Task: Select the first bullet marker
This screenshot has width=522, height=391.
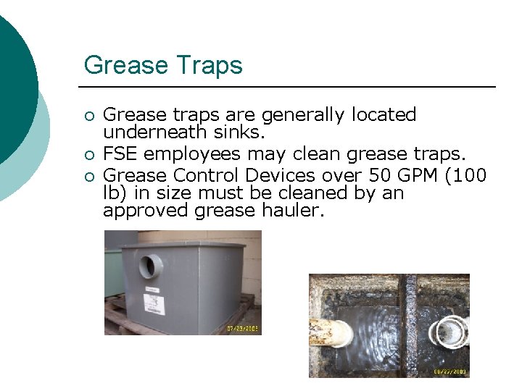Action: click(x=89, y=116)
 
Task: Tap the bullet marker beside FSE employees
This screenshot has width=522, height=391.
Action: click(x=89, y=155)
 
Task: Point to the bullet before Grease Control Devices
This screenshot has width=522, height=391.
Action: click(x=89, y=175)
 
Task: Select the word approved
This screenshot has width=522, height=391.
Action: click(x=146, y=211)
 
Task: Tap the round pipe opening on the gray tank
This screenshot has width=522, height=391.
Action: click(x=151, y=266)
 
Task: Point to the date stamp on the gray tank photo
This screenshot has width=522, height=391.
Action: click(x=243, y=329)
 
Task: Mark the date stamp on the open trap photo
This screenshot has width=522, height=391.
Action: click(x=449, y=372)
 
